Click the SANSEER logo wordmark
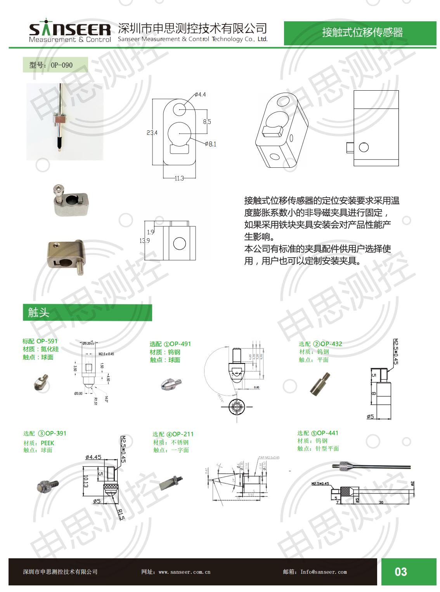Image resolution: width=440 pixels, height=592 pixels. pos(70,29)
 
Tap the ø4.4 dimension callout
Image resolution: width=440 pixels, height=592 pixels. pos(200,95)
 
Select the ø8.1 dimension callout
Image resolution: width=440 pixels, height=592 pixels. pos(211,144)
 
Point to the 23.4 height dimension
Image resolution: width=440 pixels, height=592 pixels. pos(152,133)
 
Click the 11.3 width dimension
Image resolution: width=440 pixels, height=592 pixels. pos(179,178)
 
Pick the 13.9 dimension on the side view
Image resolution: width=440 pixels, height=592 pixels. pos(145,241)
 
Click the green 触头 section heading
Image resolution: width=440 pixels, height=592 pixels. pos(39,312)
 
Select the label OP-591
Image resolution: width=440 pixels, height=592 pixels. pos(47,341)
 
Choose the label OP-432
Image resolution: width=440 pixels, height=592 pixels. pos(331,344)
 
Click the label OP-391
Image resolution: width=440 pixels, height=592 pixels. pos(56,433)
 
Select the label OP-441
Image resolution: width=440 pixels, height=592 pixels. pos(328,433)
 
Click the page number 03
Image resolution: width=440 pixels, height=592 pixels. pos(401,572)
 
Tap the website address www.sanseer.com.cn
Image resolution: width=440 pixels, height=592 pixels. pos(185,572)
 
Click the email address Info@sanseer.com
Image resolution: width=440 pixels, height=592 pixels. pos(324,572)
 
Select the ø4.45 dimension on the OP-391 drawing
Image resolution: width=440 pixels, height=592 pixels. pos(94,457)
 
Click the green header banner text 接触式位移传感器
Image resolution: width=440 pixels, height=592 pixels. pos(362,33)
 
